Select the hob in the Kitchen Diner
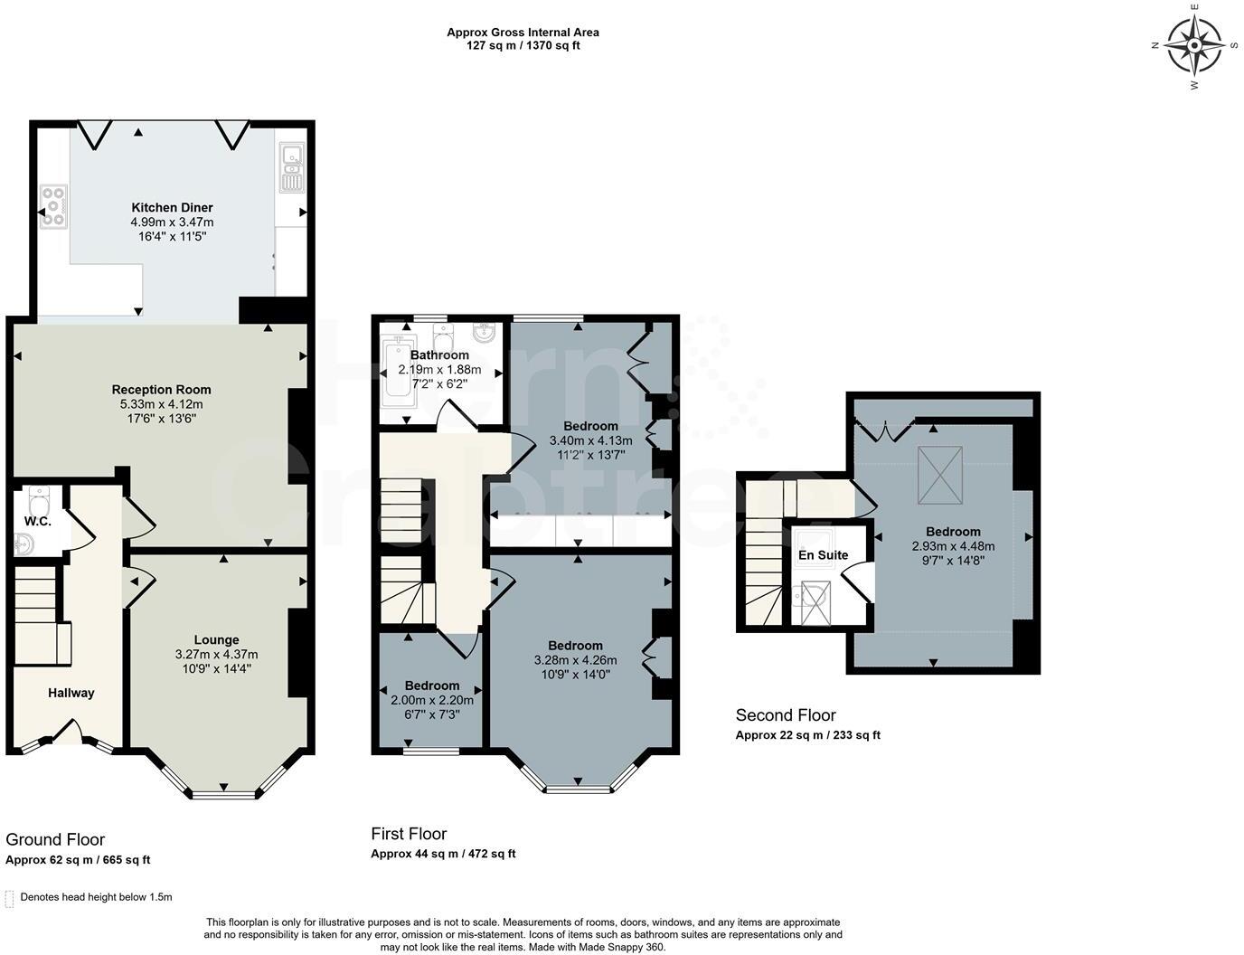[x=53, y=206]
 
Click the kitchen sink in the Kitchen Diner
[x=291, y=168]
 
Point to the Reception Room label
[x=161, y=390]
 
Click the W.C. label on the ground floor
[x=37, y=522]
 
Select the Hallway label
[x=71, y=693]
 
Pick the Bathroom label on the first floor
[x=439, y=355]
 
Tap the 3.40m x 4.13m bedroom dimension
[x=590, y=440]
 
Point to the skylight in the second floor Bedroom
[x=940, y=476]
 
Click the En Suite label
[x=823, y=554]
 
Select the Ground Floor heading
[x=55, y=839]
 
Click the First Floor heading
[x=409, y=833]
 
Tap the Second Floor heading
[x=785, y=715]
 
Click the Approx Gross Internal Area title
[x=523, y=33]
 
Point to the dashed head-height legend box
[x=10, y=898]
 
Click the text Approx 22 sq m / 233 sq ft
[x=807, y=735]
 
